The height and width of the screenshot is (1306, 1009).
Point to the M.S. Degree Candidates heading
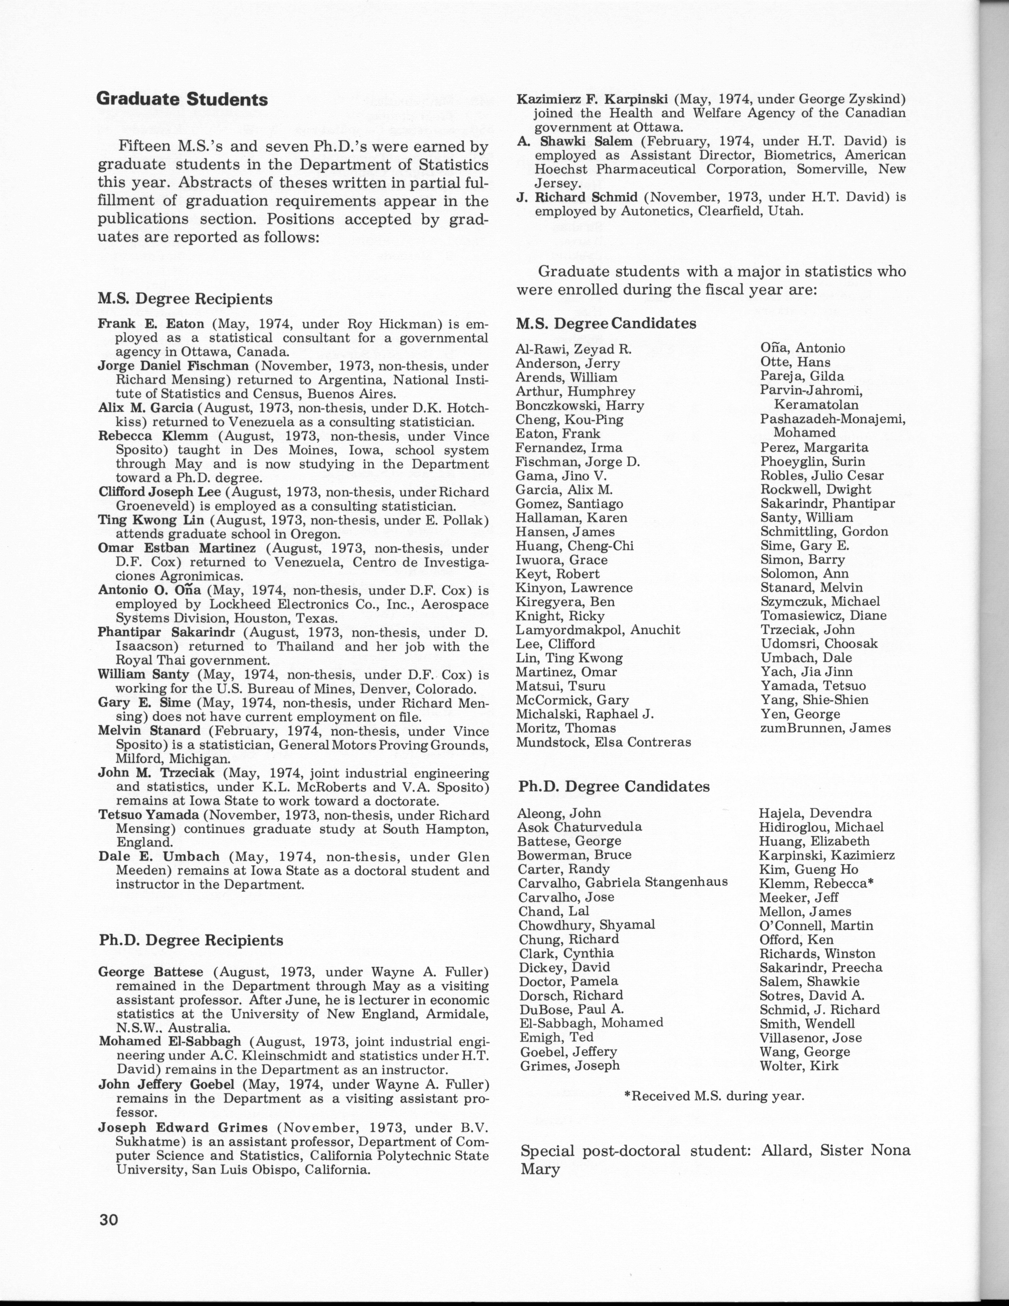(x=606, y=324)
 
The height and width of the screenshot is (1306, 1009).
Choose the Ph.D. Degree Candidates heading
(x=614, y=786)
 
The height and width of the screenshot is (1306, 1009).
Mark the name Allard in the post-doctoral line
(x=783, y=1150)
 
